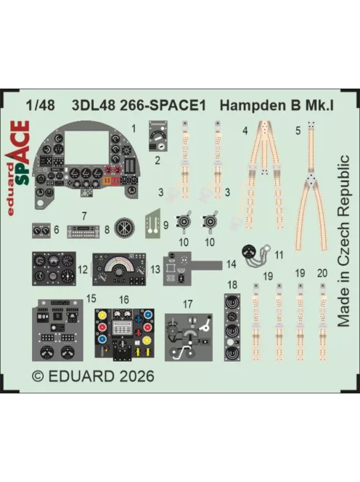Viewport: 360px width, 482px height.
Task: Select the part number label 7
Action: (x=84, y=216)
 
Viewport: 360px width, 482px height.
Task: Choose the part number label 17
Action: (x=189, y=303)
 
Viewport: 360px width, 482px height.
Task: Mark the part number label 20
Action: (x=322, y=274)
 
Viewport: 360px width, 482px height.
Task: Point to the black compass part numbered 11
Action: (x=253, y=252)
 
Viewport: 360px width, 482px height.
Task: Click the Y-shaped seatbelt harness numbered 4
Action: (x=258, y=181)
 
